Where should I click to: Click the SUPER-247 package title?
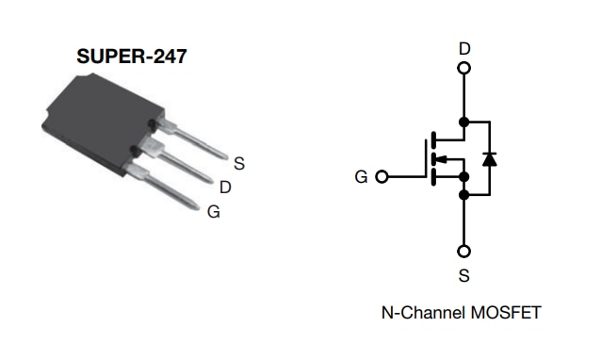click(131, 56)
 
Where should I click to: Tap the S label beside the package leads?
click(239, 163)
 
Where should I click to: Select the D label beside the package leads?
click(226, 188)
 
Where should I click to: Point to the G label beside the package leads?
click(214, 212)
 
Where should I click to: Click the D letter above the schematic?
click(464, 48)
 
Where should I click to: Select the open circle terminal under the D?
click(464, 68)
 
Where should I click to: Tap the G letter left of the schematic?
click(362, 176)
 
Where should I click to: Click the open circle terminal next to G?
click(382, 176)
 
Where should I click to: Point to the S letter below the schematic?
click(464, 276)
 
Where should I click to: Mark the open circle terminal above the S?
click(464, 252)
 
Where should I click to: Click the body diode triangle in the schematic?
click(489, 158)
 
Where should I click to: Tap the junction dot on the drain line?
click(464, 122)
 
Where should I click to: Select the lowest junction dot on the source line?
click(464, 195)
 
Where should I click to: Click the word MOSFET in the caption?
click(508, 312)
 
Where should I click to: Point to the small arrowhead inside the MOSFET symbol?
click(442, 158)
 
